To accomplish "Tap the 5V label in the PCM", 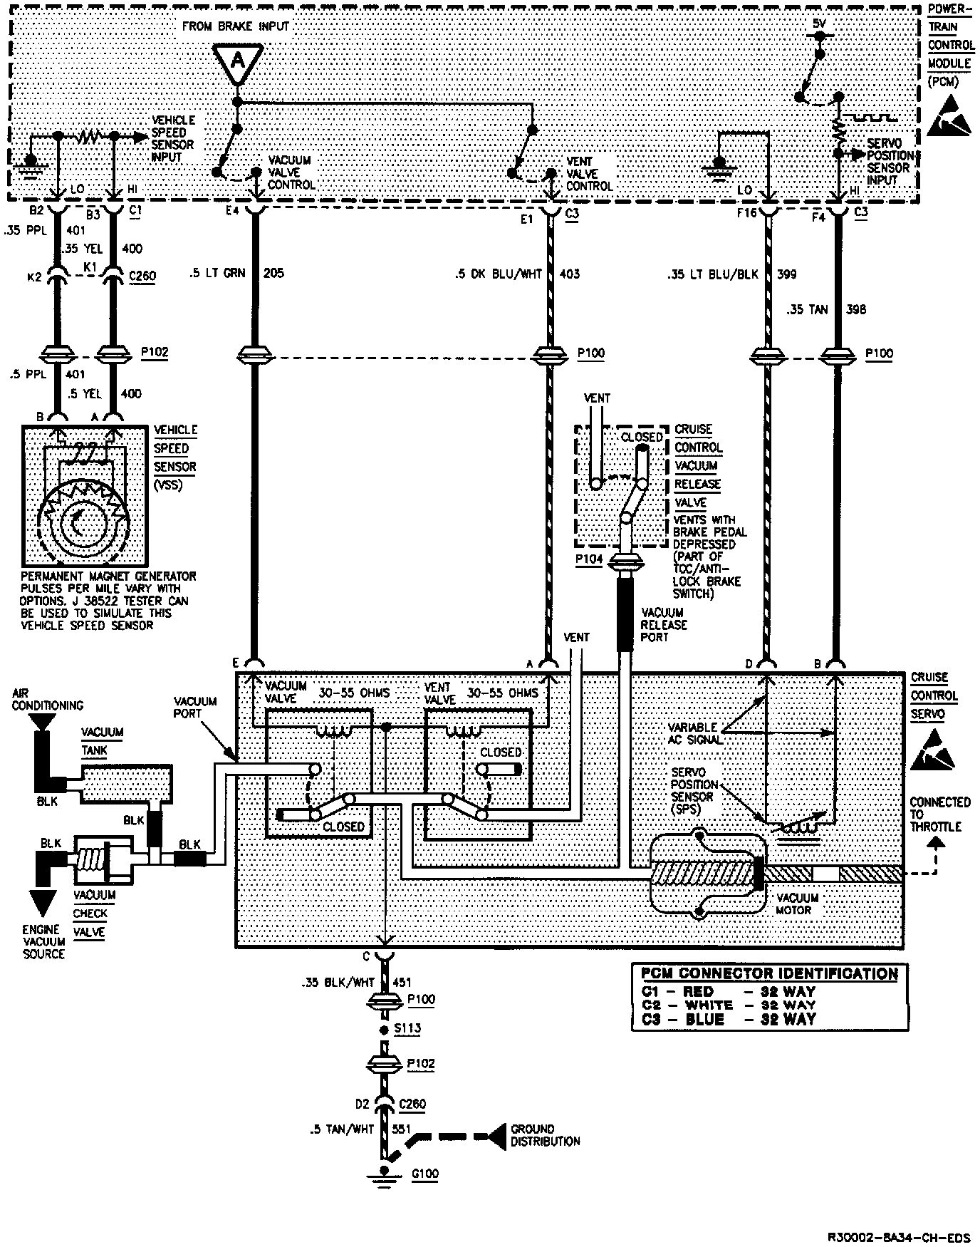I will (x=819, y=24).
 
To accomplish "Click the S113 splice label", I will (x=410, y=1028).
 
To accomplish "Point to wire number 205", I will (x=273, y=273).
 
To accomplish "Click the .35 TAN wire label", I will (x=808, y=310).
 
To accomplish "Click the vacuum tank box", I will (x=125, y=785).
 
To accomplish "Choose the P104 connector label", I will (x=588, y=559).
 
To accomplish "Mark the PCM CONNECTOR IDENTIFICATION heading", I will (x=769, y=974).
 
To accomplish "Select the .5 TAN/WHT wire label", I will (x=342, y=1129).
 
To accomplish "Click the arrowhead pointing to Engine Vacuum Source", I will (x=43, y=904).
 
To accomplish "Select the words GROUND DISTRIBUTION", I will (x=545, y=1135).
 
